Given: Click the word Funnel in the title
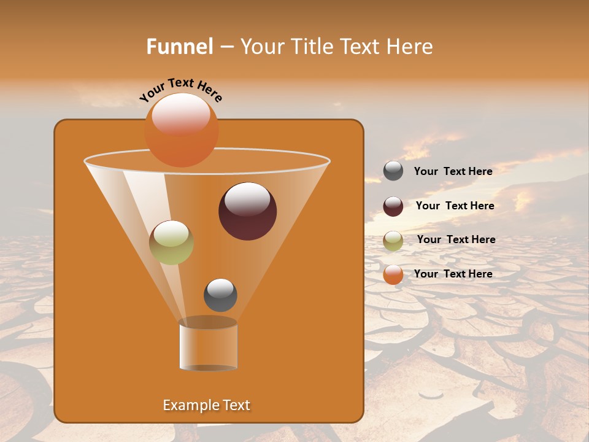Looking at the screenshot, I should (179, 47).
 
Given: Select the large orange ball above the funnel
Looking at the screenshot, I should (181, 130).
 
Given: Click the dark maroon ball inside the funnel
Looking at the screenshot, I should (247, 211).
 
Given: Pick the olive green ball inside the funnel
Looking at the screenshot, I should (171, 242).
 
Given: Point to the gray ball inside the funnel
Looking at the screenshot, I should (220, 295).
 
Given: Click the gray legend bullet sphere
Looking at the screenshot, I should (393, 171).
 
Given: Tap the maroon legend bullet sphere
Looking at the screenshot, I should (393, 206).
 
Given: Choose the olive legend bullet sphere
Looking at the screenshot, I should (393, 241).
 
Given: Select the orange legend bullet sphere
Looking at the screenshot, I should (393, 274).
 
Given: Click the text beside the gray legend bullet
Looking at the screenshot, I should (453, 171).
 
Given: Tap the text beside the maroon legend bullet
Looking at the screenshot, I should (455, 206).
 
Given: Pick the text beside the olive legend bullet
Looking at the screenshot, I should (456, 239).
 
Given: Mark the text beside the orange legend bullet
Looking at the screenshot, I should (453, 274).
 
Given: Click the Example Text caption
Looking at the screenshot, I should (206, 405).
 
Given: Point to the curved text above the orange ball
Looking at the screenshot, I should (180, 89).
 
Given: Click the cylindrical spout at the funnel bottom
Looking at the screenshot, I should (208, 345).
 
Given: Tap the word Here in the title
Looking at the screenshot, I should (410, 47).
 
